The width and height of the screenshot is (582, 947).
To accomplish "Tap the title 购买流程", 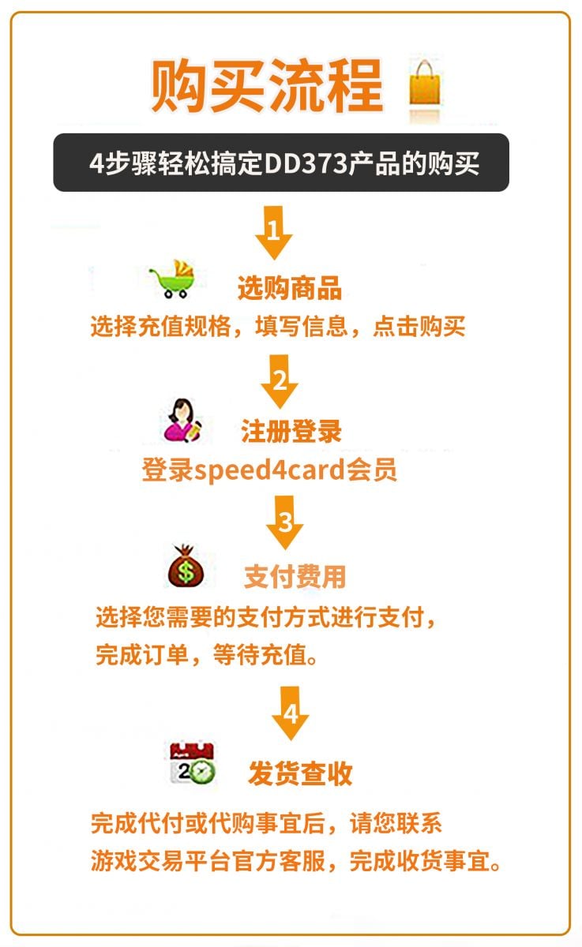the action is coord(268,85).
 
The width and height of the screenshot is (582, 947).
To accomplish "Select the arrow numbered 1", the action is coord(274,233).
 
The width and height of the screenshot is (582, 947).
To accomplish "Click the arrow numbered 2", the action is coord(280,381).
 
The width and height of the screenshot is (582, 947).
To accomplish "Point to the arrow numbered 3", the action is coord(284,522).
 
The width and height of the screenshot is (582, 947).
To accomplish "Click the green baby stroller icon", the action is coord(173,279).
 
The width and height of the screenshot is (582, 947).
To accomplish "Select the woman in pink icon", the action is coord(183,420).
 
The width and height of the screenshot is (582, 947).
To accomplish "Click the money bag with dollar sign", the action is coord(186,566).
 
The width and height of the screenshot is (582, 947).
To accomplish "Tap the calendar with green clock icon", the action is coord(193,763).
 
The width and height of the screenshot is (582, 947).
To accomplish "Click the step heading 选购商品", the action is coord(290,288).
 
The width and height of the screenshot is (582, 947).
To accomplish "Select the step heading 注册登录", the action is coord(291,432).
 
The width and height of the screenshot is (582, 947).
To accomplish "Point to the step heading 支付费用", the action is coord(295,576).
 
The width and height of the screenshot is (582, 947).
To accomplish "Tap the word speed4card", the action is coord(269,470).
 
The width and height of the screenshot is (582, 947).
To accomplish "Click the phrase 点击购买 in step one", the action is coord(419,327).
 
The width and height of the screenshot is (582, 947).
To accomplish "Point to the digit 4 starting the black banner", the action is coord(96,163).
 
